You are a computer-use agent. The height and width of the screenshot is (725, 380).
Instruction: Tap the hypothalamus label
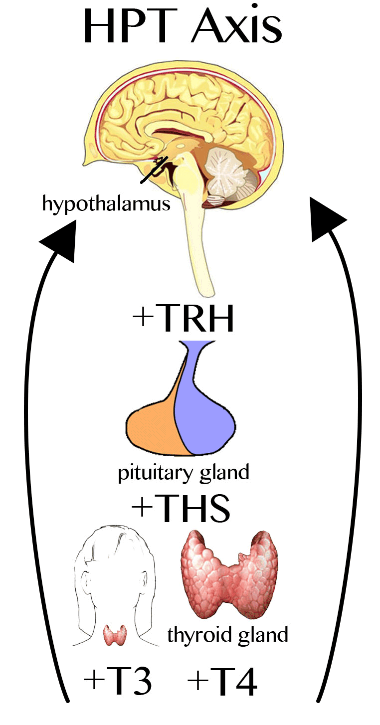106,204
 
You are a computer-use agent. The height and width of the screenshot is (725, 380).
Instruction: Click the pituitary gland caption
184,473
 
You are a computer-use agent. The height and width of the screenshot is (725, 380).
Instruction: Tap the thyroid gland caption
227,635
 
